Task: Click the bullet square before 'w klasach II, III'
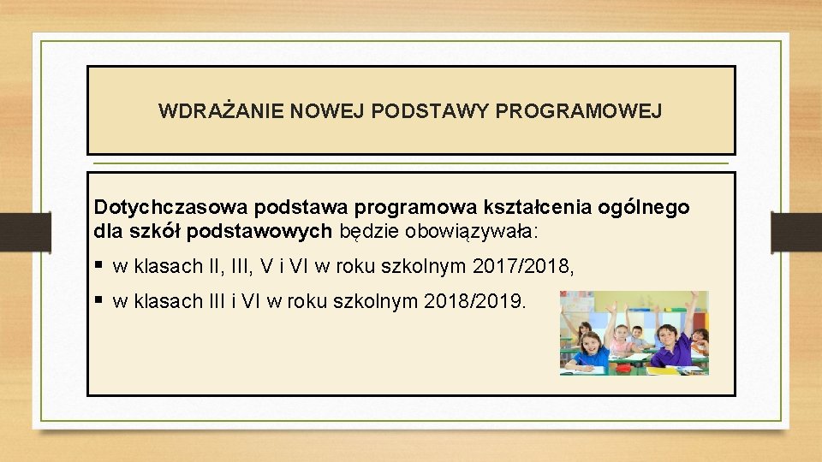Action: click(x=100, y=266)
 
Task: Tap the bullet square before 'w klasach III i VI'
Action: click(x=100, y=300)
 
